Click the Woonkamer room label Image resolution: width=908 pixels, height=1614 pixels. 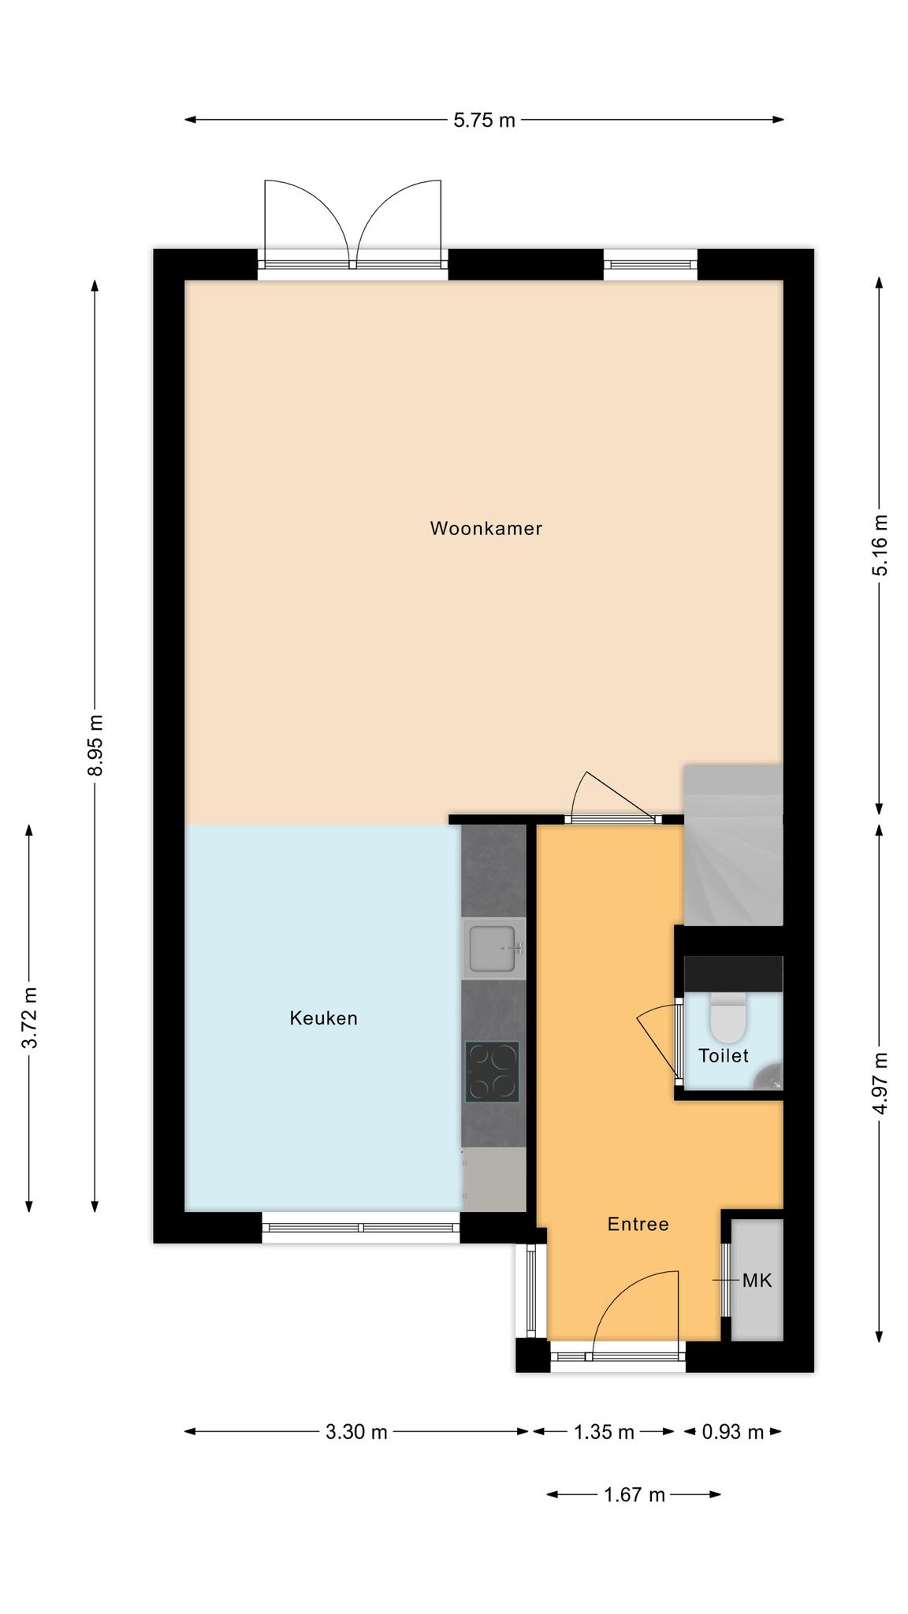pos(486,528)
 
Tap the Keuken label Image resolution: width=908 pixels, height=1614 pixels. pos(323,1018)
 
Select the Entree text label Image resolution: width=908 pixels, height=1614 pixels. pos(638,1224)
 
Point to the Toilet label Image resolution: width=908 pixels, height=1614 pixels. pos(723,1055)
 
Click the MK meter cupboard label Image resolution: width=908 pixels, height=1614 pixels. pos(757,1281)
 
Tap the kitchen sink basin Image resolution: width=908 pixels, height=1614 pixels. pos(494,948)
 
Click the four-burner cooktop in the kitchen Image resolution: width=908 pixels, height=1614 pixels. pos(493,1072)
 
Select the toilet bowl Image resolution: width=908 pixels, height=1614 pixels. pos(728,1017)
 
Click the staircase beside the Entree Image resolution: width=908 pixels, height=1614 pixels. pos(733,845)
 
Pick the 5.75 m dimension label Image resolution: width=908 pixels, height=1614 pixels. pos(484,120)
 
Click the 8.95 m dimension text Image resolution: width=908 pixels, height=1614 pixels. pos(95,745)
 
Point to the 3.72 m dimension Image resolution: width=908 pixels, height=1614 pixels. pos(29,1017)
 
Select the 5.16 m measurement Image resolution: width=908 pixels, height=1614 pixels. pos(880,545)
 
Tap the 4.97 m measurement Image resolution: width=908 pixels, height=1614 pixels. pos(880,1084)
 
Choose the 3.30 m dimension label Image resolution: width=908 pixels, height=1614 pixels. pos(356,1432)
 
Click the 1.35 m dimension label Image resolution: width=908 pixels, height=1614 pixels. pos(604,1432)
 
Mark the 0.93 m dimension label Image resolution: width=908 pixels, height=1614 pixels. pos(733,1432)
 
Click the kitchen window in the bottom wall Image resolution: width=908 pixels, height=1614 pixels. pos(361,1228)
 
